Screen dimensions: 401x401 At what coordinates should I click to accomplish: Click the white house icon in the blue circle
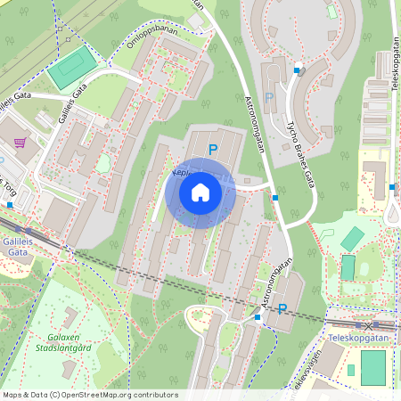pos(200,192)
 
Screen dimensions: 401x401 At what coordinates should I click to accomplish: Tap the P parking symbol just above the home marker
pos(212,150)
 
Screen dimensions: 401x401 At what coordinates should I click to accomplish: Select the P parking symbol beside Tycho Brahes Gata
pos(268,98)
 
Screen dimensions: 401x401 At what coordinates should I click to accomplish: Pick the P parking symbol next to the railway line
pos(282,309)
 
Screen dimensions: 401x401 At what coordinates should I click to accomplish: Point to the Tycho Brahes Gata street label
pos(303,154)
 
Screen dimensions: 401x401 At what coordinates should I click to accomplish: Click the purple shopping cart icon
pos(20,142)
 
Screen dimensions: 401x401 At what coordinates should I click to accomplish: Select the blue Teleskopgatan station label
pos(356,340)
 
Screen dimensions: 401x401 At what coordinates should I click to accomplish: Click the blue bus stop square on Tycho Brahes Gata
pos(297,70)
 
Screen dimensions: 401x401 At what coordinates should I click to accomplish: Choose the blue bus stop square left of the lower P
pos(258,316)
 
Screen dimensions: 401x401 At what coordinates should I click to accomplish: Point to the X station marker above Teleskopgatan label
pos(367,326)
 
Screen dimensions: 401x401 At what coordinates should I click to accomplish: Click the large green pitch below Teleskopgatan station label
pos(373,367)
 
